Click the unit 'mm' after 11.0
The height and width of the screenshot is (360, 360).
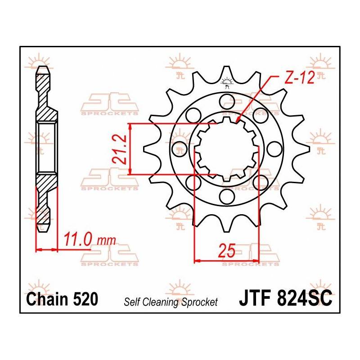(106, 240)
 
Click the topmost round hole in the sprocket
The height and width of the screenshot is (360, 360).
(227, 99)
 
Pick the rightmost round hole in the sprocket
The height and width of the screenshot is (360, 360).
(275, 148)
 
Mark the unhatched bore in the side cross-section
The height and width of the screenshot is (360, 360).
(46, 147)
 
